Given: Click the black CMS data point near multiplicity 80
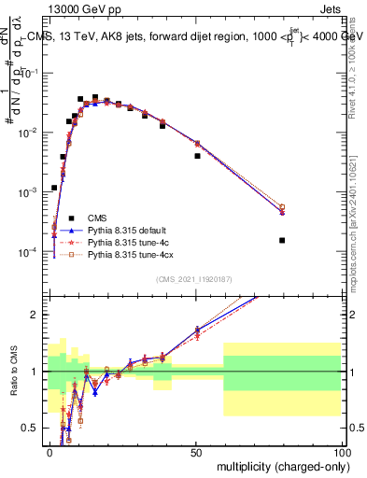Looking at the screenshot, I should click(x=282, y=240).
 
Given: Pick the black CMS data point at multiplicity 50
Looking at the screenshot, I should click(x=197, y=156).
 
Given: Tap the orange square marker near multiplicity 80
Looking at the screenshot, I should click(x=282, y=207).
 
